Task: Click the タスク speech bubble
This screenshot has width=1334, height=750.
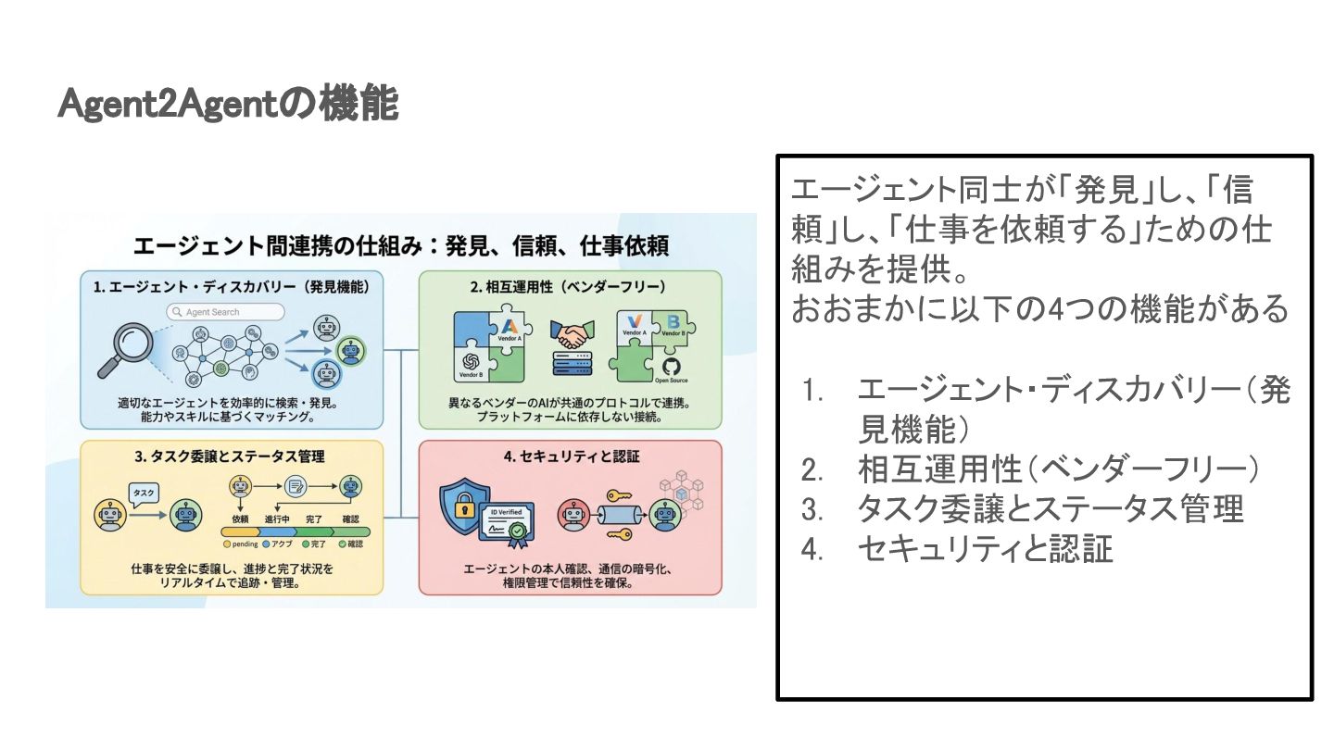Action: pos(145,494)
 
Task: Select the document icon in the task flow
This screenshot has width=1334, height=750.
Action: pos(296,485)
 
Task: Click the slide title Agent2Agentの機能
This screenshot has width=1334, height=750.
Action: pos(228,105)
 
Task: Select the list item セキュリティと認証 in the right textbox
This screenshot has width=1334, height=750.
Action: pos(985,549)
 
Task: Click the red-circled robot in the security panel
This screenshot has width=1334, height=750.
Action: pos(573,515)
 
